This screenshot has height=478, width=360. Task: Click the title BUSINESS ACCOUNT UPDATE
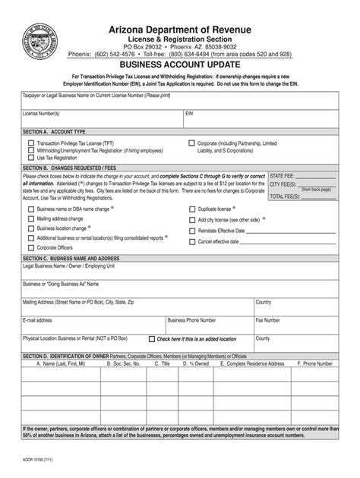point(180,65)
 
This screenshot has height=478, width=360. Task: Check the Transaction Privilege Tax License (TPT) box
point(30,143)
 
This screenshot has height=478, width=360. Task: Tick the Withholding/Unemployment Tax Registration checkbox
point(30,150)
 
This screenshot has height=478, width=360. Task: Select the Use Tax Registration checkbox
point(30,158)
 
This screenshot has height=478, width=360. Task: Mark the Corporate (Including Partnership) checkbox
point(191,143)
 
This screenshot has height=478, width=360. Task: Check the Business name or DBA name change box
point(30,208)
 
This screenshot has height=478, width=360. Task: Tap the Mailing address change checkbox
point(30,218)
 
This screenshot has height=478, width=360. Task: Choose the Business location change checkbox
point(30,228)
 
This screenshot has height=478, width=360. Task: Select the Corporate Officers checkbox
point(30,247)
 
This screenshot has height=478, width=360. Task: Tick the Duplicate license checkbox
point(191,208)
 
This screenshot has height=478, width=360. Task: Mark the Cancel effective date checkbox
point(191,241)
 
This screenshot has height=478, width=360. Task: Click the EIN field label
point(191,113)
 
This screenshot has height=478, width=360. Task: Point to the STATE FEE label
point(282,175)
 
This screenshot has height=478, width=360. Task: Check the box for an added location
point(152,339)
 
